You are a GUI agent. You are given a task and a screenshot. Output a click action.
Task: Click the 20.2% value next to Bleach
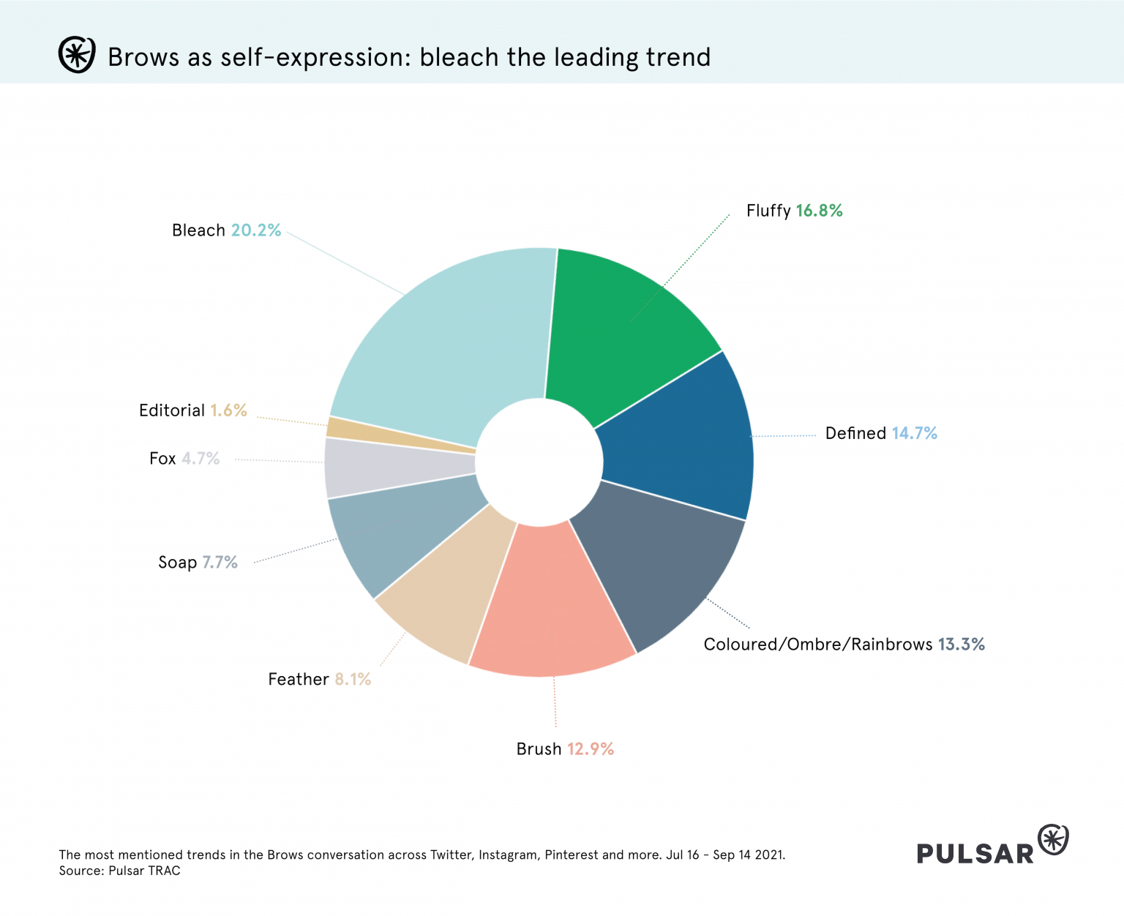256,230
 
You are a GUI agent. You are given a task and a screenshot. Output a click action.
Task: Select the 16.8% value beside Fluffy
819,211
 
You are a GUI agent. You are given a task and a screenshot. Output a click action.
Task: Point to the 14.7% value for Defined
914,433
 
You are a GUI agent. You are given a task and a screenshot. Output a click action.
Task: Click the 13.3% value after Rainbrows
961,645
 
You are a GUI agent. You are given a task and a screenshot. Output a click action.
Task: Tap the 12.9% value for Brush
590,749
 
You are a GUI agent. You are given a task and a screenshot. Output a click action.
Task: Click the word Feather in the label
299,680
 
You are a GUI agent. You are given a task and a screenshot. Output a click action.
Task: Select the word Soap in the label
178,563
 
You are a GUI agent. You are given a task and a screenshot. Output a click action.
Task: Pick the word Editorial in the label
172,410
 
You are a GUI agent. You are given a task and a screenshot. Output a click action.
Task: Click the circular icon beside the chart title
76,55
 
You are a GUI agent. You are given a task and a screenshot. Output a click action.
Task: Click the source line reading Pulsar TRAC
119,871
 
